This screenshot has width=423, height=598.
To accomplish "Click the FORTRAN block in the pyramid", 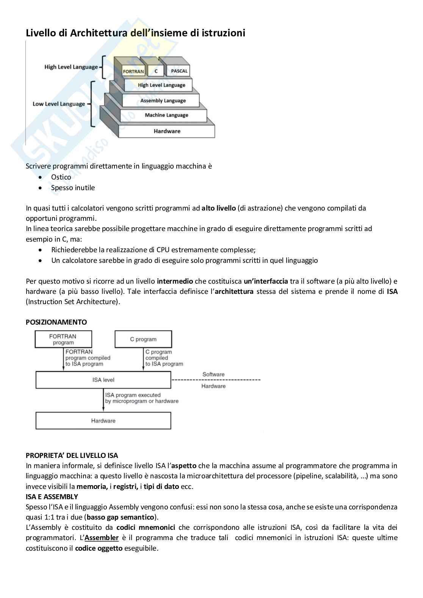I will point(133,71).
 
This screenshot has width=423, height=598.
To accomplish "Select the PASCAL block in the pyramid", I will point(179,71).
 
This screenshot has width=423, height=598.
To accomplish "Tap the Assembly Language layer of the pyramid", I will point(163,101).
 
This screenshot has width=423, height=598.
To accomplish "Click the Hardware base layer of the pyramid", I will point(167,131).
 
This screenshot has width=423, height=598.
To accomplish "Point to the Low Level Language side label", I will point(59,104).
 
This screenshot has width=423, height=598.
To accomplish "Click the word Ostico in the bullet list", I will point(61,177).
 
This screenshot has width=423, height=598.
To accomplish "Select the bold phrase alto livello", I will point(218,208).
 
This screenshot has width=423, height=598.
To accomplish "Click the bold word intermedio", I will point(175,281).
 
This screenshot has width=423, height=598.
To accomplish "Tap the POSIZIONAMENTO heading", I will point(56,322).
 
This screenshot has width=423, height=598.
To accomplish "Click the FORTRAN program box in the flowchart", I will point(63,339).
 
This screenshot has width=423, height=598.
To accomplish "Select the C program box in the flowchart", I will point(143,339).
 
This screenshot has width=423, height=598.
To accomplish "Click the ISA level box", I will point(103,380).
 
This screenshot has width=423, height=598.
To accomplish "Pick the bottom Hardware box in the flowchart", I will point(103,421).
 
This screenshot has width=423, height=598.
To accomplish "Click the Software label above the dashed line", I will point(213,374).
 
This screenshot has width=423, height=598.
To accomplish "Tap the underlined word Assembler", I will point(102,538).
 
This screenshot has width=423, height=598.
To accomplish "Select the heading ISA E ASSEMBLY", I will point(52,497).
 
